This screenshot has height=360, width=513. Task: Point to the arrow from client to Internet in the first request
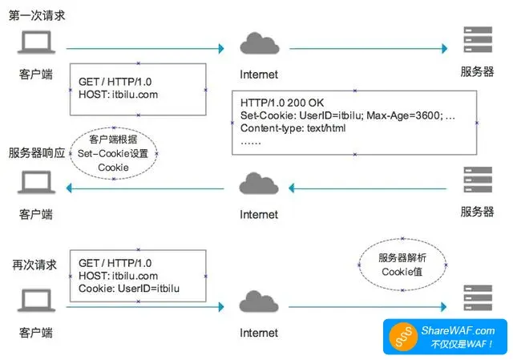pyautogui.click(x=144, y=49)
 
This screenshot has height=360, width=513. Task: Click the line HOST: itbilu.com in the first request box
pyautogui.click(x=118, y=94)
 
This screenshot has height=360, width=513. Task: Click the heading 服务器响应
pyautogui.click(x=38, y=152)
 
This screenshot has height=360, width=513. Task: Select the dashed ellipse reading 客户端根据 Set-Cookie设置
pyautogui.click(x=113, y=153)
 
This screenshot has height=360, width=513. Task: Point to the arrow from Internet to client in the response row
pyautogui.click(x=144, y=188)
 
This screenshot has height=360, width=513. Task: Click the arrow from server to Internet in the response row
pyautogui.click(x=369, y=188)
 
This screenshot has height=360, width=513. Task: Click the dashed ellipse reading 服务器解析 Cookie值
pyautogui.click(x=402, y=265)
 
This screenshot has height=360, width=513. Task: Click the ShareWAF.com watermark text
pyautogui.click(x=458, y=330)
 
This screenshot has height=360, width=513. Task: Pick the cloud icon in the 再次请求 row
pyautogui.click(x=258, y=303)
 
